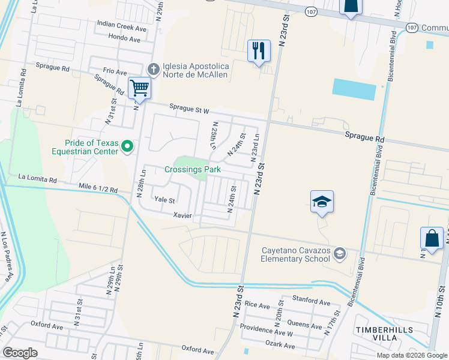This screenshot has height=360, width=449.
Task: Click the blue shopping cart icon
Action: coord(139,88)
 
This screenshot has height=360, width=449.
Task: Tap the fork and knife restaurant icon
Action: coord(259,51)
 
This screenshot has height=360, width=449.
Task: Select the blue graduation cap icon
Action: coord(322,202)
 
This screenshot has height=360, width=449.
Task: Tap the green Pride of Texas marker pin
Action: coord(127,146)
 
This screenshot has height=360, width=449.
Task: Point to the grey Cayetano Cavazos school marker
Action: coord(340,254)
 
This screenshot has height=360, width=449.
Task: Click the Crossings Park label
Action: coord(192,170)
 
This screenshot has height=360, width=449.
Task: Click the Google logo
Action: coord(20,353)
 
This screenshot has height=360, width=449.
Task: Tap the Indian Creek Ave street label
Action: coord(122,28)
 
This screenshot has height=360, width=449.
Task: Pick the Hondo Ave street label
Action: coord(124,39)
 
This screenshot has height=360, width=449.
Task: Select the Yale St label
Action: coord(164,199)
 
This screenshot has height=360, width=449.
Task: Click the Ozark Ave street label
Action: coord(280,346)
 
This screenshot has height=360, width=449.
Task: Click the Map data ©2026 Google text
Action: coord(412,355)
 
